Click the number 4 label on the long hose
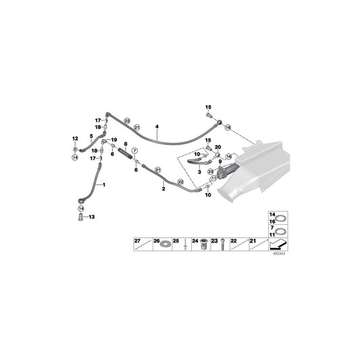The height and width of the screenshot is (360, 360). point(157,126)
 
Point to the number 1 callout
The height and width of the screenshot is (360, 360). point(105,184)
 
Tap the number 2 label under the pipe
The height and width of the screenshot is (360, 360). point(162,190)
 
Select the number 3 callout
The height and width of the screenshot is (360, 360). point(199,172)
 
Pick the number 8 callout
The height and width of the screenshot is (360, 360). point(126,145)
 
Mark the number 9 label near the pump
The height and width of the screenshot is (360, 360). point(220,162)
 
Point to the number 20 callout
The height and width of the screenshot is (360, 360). point(218,147)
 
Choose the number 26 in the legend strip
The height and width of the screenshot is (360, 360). point(157,240)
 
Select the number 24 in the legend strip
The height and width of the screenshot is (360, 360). point(195,240)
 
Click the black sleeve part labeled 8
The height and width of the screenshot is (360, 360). point(126,155)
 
